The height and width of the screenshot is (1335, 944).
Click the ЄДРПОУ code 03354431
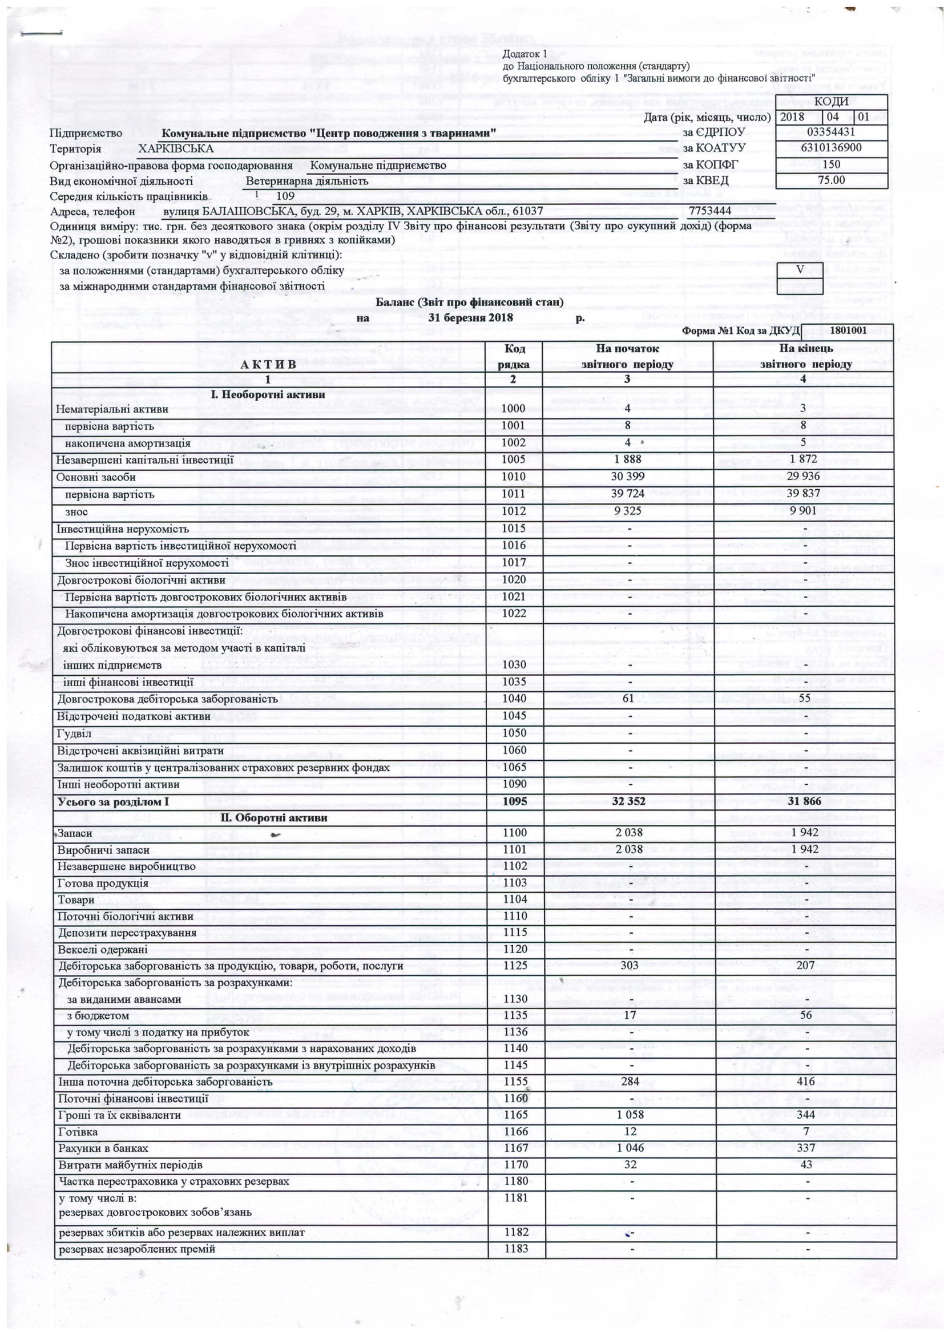click(x=830, y=132)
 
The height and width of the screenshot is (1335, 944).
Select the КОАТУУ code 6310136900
click(x=830, y=148)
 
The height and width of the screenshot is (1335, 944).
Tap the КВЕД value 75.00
click(x=830, y=180)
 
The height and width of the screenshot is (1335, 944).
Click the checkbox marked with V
click(x=800, y=271)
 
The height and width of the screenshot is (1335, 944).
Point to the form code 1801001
click(x=848, y=331)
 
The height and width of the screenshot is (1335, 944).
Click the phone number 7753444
click(x=710, y=211)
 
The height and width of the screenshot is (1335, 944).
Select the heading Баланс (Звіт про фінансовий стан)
click(x=469, y=303)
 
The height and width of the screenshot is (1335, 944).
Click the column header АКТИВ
click(x=268, y=365)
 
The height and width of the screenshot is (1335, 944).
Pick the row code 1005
click(x=513, y=459)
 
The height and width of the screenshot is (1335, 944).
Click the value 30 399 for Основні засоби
click(x=627, y=477)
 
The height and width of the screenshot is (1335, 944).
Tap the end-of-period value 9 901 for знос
click(x=804, y=511)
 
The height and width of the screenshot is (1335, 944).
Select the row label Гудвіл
click(x=74, y=733)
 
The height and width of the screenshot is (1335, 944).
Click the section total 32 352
click(x=628, y=801)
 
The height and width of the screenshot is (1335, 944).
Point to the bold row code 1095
click(x=514, y=801)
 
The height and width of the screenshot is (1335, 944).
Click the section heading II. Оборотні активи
click(x=274, y=817)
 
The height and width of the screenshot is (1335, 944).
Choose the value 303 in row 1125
click(x=629, y=966)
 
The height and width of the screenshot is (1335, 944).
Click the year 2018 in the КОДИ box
click(x=792, y=117)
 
